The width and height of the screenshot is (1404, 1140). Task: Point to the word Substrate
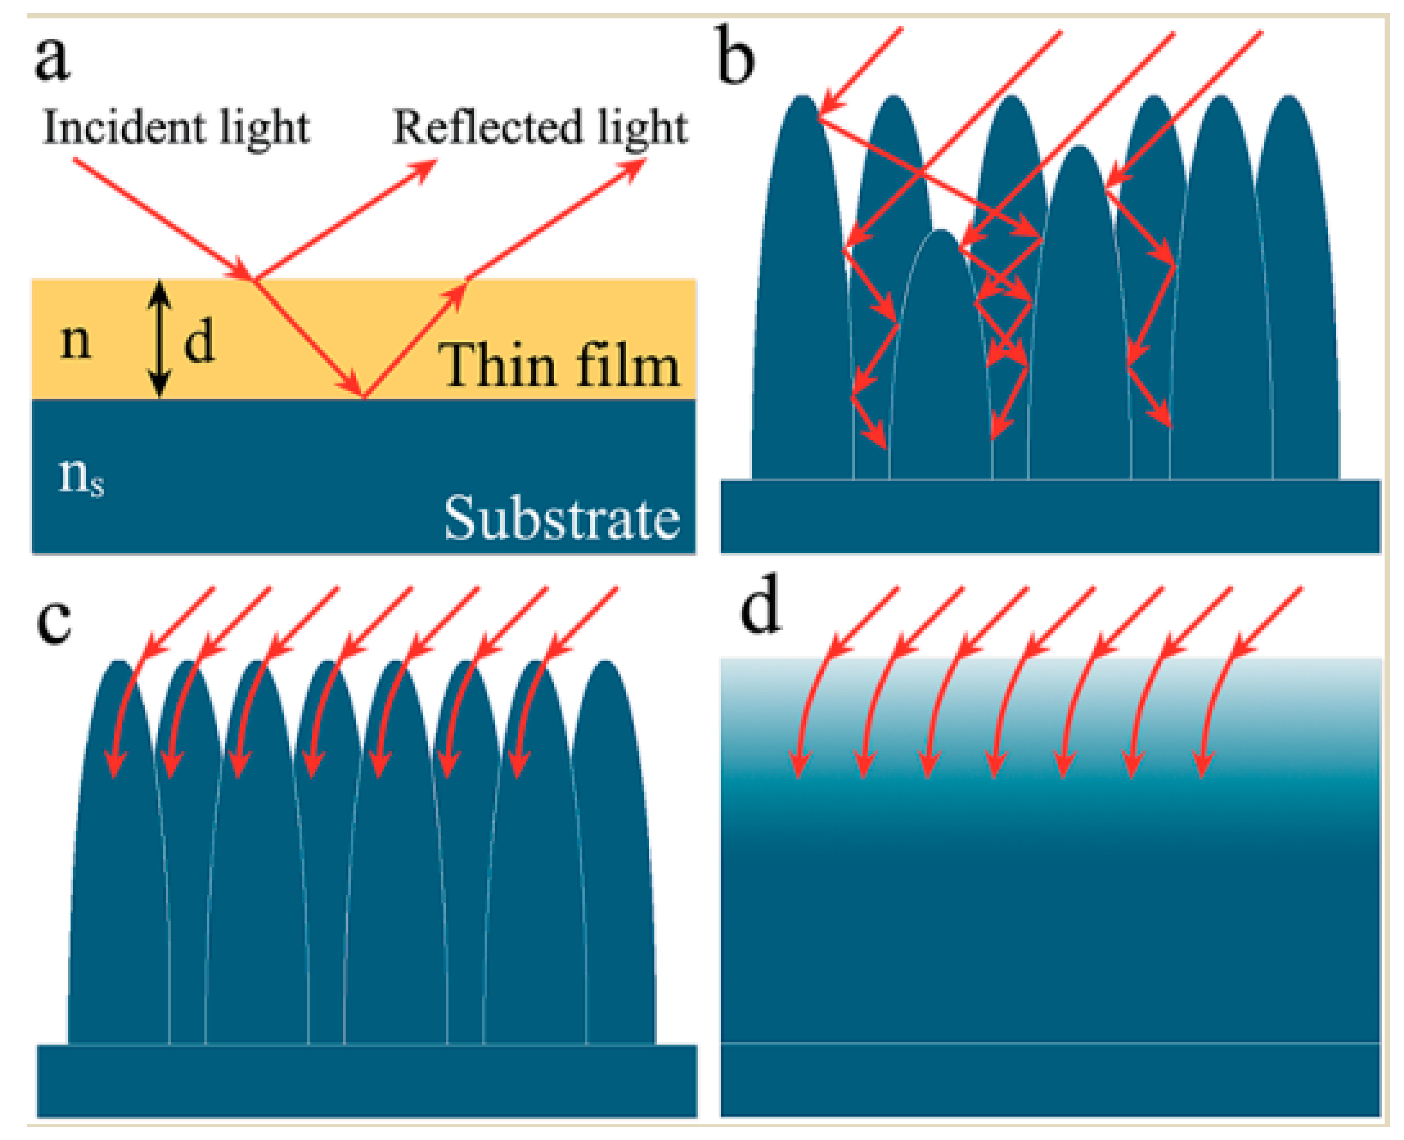(562, 519)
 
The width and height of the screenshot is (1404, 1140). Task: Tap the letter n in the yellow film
(76, 341)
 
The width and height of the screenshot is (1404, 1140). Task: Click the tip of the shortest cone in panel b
(941, 232)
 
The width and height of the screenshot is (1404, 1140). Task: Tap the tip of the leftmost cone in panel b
(803, 97)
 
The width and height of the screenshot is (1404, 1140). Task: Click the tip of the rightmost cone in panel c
(604, 662)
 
